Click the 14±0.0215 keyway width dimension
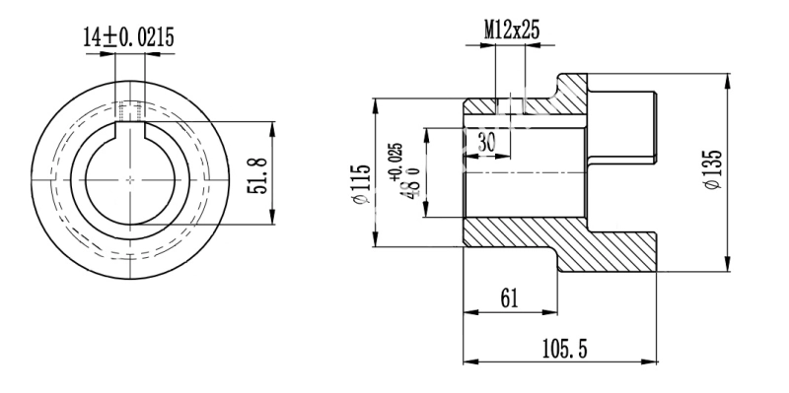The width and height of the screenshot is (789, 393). [129, 37]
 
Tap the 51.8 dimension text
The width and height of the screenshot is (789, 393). [257, 175]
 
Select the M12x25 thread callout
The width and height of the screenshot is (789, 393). [512, 31]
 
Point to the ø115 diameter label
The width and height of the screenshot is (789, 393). [362, 184]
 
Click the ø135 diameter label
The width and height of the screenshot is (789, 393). [713, 169]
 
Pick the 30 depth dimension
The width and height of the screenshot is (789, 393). [486, 142]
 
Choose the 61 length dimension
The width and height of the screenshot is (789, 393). [509, 299]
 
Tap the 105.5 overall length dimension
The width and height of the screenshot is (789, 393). [564, 349]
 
